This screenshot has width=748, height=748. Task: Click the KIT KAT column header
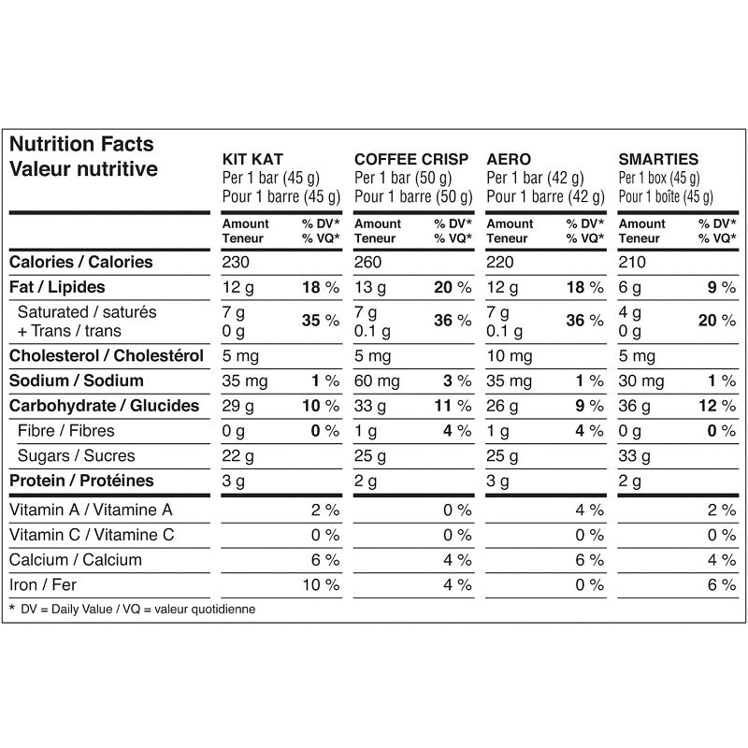pyautogui.click(x=252, y=160)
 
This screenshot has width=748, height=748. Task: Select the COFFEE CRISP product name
pyautogui.click(x=411, y=160)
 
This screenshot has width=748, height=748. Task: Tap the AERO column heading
pyautogui.click(x=510, y=160)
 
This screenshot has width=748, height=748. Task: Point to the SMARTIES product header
pyautogui.click(x=658, y=160)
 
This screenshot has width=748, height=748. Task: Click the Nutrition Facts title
pyautogui.click(x=81, y=145)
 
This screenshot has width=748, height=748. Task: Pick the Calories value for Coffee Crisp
pyautogui.click(x=368, y=263)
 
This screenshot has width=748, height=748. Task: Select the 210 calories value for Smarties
pyautogui.click(x=633, y=263)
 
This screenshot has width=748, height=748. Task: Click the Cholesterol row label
pyautogui.click(x=107, y=356)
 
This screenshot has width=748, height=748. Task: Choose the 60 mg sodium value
pyautogui.click(x=376, y=381)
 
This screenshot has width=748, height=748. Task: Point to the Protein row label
pyautogui.click(x=81, y=482)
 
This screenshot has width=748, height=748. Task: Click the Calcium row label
pyautogui.click(x=76, y=560)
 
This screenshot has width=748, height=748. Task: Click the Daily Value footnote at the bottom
pyautogui.click(x=132, y=609)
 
